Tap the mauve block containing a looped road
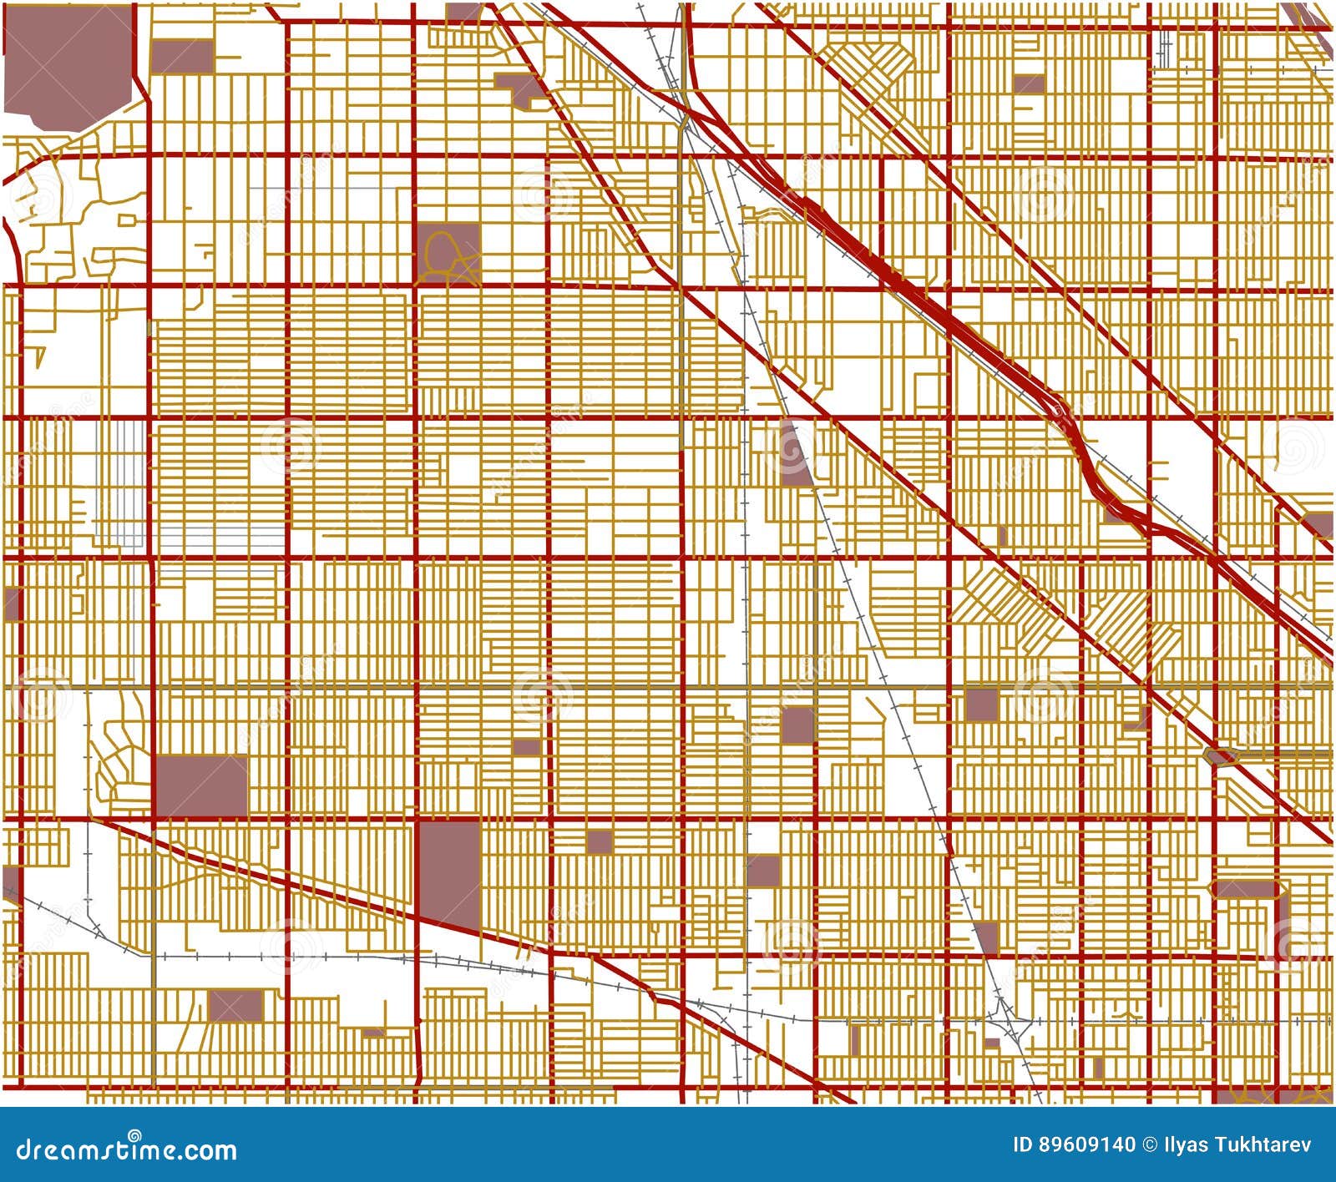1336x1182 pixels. [448, 251]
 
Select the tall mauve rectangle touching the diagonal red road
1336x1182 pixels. [449, 872]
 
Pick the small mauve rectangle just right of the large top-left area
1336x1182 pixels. [182, 57]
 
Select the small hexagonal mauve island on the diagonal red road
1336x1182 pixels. [1221, 756]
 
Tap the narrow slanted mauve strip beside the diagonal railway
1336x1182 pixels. [793, 455]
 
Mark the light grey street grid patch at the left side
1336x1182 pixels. [122, 484]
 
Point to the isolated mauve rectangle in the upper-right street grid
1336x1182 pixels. [1029, 83]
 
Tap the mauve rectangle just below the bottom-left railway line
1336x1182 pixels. [235, 1006]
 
